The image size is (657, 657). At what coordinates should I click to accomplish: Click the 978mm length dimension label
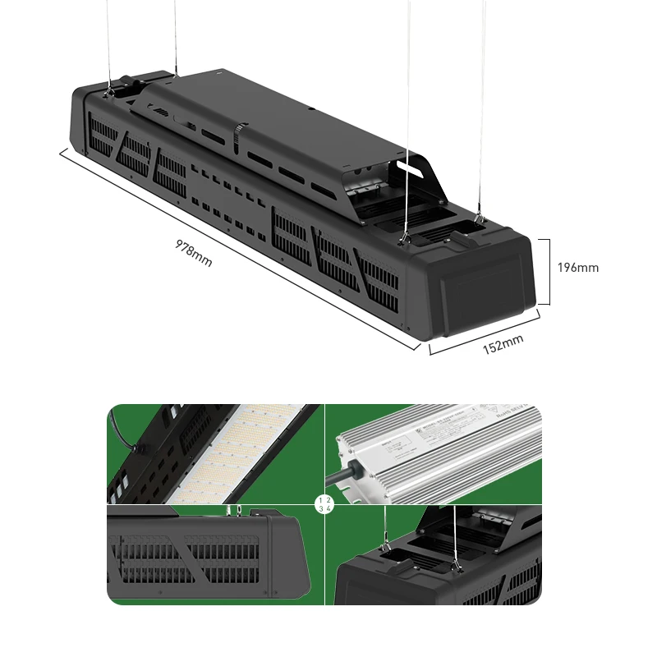click(x=194, y=253)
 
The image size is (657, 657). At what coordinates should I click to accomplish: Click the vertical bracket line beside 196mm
click(x=548, y=271)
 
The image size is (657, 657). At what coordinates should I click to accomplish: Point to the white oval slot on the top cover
click(x=416, y=168)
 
